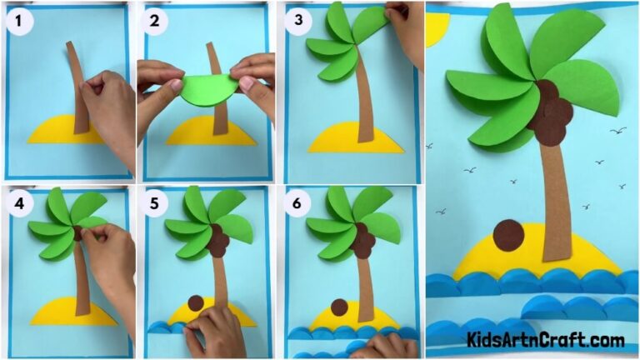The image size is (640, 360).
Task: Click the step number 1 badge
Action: (x=18, y=20)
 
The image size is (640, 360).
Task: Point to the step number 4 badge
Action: (x=17, y=202)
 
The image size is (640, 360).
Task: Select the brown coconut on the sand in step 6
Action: (x=339, y=307)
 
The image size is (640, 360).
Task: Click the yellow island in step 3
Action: (x=342, y=138)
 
